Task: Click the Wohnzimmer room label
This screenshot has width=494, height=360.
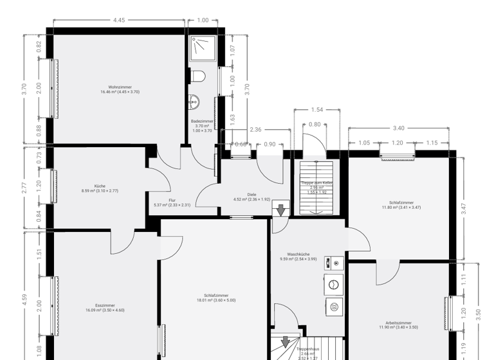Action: pyautogui.click(x=120, y=89)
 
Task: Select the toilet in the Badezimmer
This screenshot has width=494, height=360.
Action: pyautogui.click(x=198, y=76)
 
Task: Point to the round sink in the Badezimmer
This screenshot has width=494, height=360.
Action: pyautogui.click(x=194, y=102)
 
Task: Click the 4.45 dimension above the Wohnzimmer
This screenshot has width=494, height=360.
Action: pyautogui.click(x=119, y=20)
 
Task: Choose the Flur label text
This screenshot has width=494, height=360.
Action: pyautogui.click(x=172, y=203)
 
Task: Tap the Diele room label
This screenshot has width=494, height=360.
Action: pyautogui.click(x=252, y=197)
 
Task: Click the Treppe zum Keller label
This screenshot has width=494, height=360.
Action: pyautogui.click(x=317, y=185)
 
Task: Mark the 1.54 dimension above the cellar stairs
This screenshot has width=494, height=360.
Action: pyautogui.click(x=316, y=110)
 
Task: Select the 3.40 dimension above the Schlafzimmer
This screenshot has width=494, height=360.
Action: pyautogui.click(x=399, y=128)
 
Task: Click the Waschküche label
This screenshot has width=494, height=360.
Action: pyautogui.click(x=298, y=256)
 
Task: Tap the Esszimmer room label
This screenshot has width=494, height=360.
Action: pyautogui.click(x=105, y=307)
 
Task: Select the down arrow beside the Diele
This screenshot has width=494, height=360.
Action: pyautogui.click(x=280, y=210)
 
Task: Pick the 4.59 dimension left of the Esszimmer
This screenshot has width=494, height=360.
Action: pyautogui.click(x=24, y=299)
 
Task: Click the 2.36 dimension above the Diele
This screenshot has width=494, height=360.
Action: pyautogui.click(x=255, y=129)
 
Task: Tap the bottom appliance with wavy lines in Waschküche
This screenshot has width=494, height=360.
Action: pyautogui.click(x=334, y=307)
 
